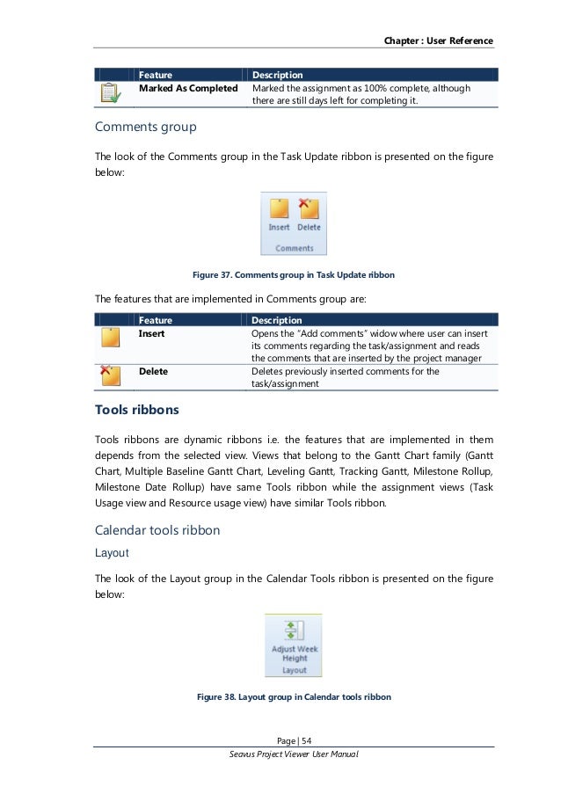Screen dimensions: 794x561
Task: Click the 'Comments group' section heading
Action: pyautogui.click(x=145, y=127)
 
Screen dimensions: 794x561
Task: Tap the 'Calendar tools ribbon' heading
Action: pyautogui.click(x=157, y=530)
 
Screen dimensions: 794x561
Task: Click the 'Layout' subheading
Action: pyautogui.click(x=112, y=553)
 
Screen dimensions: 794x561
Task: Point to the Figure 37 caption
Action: pyautogui.click(x=294, y=275)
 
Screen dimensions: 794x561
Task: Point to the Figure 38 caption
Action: pyautogui.click(x=294, y=696)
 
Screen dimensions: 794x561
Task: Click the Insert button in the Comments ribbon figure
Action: pyautogui.click(x=279, y=215)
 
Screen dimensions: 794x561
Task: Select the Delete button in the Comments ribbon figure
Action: pyautogui.click(x=309, y=215)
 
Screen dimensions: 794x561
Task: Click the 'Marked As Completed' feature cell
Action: pyautogui.click(x=188, y=89)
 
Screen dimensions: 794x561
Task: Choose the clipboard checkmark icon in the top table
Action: pyautogui.click(x=110, y=92)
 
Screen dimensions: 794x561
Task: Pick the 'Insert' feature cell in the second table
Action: pyautogui.click(x=151, y=334)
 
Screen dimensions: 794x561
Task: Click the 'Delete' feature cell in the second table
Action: pyautogui.click(x=153, y=371)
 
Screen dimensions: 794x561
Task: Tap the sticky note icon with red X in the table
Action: pyautogui.click(x=110, y=376)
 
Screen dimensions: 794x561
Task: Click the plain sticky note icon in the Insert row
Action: pyautogui.click(x=110, y=339)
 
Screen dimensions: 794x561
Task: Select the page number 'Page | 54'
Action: pyautogui.click(x=294, y=739)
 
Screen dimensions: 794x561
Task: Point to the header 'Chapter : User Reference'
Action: pyautogui.click(x=438, y=41)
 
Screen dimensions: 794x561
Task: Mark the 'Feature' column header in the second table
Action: pyautogui.click(x=156, y=320)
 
